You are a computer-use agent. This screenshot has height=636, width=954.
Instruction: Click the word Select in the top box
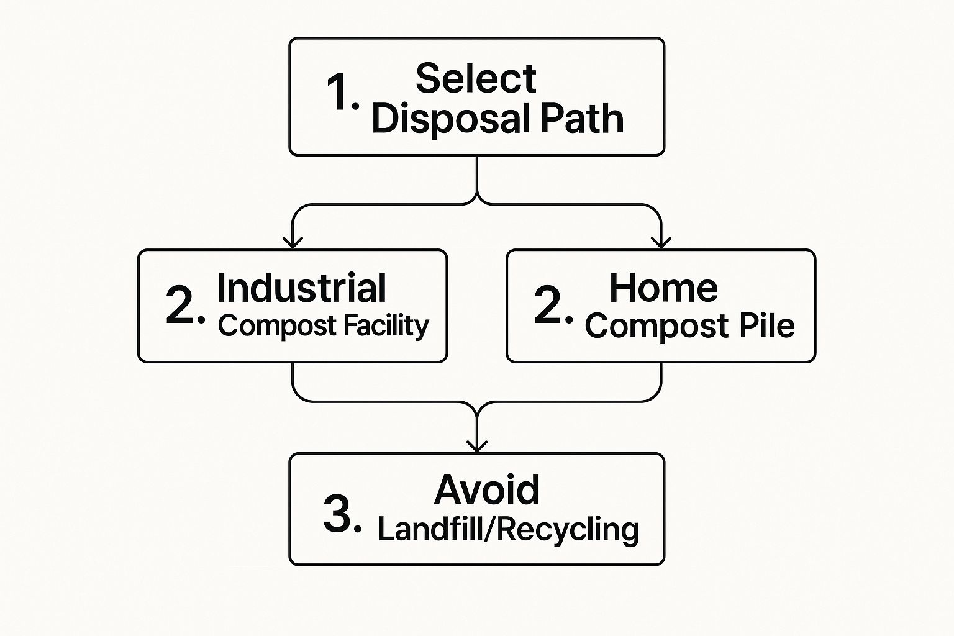click(x=476, y=78)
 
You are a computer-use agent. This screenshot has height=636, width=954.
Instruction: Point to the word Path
click(x=582, y=119)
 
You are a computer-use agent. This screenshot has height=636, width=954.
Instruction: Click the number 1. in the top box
click(x=342, y=93)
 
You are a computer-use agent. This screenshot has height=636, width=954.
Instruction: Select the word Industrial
click(x=301, y=288)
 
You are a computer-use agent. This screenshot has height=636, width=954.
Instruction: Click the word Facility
click(x=386, y=325)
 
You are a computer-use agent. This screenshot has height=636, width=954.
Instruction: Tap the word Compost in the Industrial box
click(x=277, y=325)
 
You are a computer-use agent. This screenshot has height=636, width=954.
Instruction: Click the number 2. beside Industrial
click(x=184, y=305)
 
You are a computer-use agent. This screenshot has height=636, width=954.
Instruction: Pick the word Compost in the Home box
click(x=657, y=326)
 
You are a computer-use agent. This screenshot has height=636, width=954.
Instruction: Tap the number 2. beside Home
click(x=553, y=305)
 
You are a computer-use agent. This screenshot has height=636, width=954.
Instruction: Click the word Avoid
click(x=487, y=490)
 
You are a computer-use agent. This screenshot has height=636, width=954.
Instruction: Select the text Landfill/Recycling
click(x=508, y=529)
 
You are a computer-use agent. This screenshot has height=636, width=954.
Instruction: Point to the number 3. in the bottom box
click(x=342, y=514)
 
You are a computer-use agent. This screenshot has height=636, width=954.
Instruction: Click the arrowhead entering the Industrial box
click(x=293, y=242)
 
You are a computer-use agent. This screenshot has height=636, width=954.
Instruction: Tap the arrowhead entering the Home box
click(x=661, y=242)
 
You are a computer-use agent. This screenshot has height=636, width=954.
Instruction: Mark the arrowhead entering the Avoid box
click(x=476, y=445)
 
